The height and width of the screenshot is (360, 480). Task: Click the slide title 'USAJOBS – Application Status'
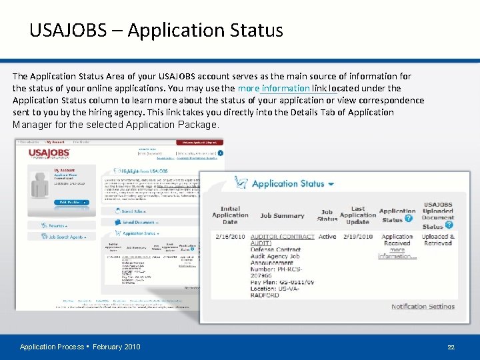tap(156, 31)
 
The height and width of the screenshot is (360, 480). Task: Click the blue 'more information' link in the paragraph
tap(273, 88)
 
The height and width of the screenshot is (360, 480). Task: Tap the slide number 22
tap(451, 347)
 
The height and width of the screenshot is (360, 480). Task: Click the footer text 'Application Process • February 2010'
tap(80, 347)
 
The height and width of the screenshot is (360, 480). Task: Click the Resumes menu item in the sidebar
tap(55, 226)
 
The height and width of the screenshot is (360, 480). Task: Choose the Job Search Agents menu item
tap(65, 237)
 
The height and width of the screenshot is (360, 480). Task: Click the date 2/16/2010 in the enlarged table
tap(229, 237)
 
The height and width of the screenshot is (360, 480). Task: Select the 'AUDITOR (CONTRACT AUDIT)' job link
tap(282, 240)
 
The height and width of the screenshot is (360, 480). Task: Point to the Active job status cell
tap(327, 237)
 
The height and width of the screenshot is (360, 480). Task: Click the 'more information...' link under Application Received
tap(397, 253)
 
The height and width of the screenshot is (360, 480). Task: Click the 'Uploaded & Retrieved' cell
tap(438, 240)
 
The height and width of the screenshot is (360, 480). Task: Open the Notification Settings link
tap(423, 307)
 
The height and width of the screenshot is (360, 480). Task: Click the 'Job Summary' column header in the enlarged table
tap(282, 215)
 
